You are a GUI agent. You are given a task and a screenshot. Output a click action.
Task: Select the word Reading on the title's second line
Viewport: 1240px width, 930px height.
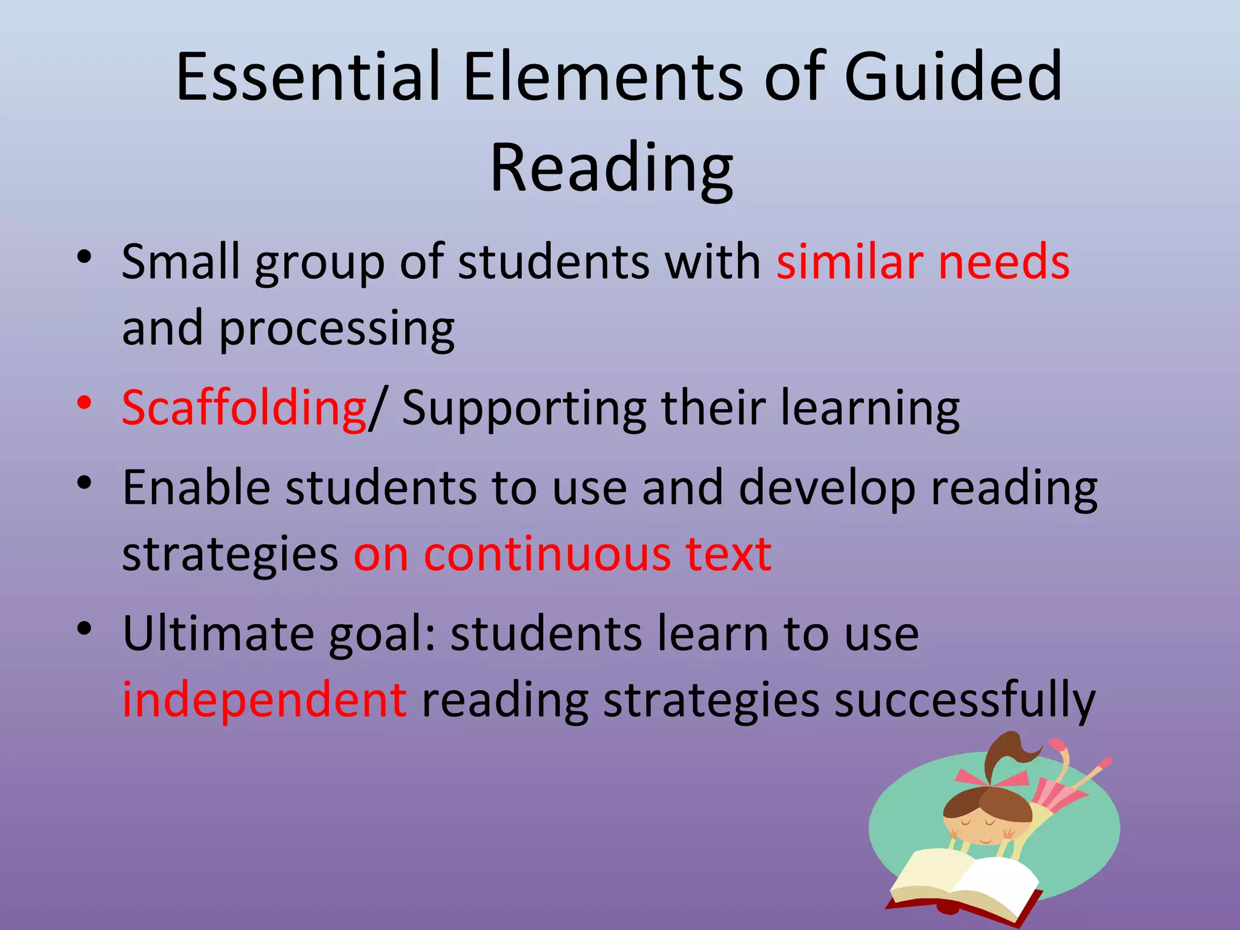[x=612, y=168]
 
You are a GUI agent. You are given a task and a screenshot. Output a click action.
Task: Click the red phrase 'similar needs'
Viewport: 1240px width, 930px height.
[x=923, y=262]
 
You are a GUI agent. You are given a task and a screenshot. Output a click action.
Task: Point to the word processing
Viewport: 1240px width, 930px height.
[x=337, y=329]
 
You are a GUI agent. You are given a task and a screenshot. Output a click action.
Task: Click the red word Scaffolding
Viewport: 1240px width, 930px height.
[x=244, y=407]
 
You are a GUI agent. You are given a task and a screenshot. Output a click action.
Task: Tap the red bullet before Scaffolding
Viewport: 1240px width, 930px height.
[x=84, y=402]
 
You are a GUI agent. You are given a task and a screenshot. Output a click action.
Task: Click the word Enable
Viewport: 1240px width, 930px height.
[x=196, y=487]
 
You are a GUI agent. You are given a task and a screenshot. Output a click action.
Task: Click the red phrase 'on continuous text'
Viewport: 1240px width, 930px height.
[x=562, y=553]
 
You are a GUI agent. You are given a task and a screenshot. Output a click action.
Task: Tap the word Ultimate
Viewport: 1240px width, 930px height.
[x=218, y=633]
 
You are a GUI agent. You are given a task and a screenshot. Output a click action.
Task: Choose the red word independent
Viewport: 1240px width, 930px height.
[x=265, y=700]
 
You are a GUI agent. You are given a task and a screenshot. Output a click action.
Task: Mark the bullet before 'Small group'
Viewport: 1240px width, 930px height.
[x=84, y=257]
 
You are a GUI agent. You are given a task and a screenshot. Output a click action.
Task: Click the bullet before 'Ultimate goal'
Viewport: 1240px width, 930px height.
[x=84, y=628]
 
